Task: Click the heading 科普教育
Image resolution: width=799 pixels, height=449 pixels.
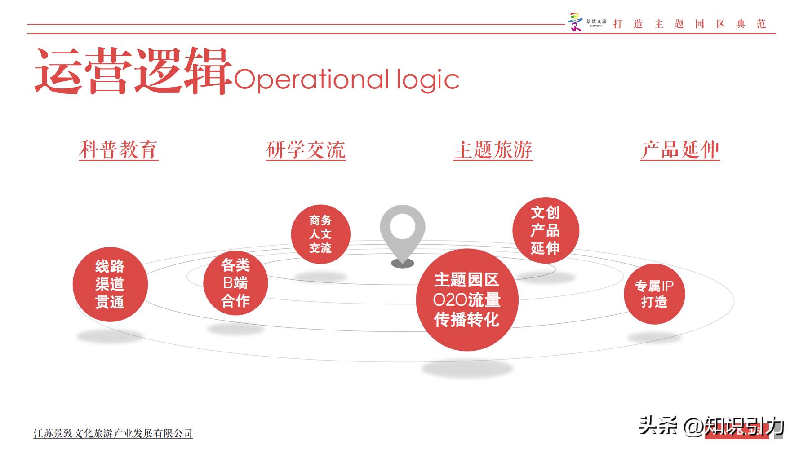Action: [x=119, y=150]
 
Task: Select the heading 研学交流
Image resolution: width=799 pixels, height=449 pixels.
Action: [x=306, y=150]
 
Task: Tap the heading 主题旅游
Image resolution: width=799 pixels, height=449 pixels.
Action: [x=493, y=150]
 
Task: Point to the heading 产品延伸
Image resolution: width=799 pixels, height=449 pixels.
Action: [x=680, y=150]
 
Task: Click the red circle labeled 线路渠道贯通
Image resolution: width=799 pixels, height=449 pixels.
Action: [x=110, y=284]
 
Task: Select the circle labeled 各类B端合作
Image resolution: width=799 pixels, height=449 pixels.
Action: [x=235, y=283]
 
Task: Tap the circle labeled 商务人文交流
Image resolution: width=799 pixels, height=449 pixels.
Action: [x=320, y=234]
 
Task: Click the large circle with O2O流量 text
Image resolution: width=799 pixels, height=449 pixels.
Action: [x=467, y=300]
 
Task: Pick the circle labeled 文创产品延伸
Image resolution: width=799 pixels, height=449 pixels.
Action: [x=546, y=230]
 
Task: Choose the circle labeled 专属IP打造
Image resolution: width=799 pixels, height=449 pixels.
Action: [x=654, y=294]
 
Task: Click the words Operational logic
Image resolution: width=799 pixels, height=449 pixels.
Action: [x=346, y=80]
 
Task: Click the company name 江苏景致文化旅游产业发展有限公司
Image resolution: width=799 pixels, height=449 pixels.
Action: [x=113, y=433]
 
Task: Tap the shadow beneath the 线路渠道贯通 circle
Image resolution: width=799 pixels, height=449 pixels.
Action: [x=110, y=335]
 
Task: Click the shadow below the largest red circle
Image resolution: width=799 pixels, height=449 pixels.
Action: [x=467, y=369]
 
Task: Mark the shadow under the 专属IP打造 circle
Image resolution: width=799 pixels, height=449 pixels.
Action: [x=654, y=337]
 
